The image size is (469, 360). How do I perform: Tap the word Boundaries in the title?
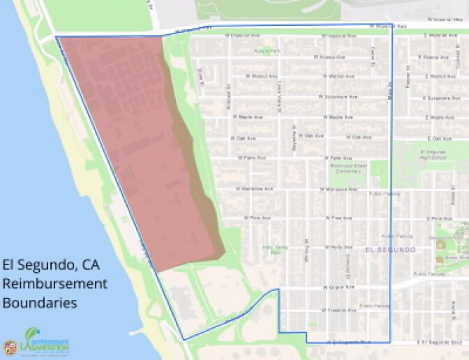pyautogui.click(x=40, y=303)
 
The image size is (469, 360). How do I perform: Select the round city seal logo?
pyautogui.click(x=10, y=347)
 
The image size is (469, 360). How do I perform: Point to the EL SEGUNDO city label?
pyautogui.click(x=389, y=250)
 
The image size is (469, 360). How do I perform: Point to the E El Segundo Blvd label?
pyautogui.click(x=440, y=343)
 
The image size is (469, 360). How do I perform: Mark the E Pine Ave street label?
pyautogui.click(x=440, y=218)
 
